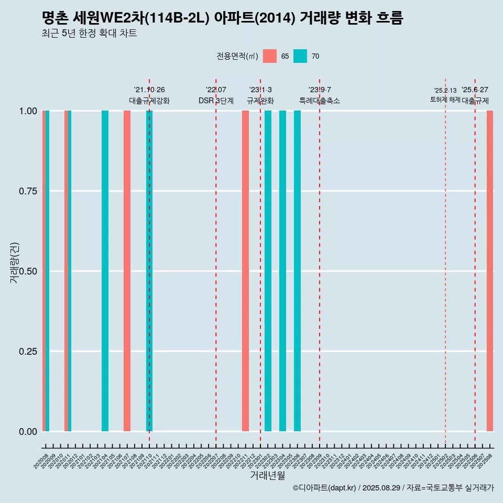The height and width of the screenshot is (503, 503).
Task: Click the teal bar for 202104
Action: coord(105,271)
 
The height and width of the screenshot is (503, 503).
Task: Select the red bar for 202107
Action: coord(127,271)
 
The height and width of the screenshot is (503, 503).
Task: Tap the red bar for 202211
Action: coord(245,271)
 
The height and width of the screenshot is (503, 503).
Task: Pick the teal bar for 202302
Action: coord(268,271)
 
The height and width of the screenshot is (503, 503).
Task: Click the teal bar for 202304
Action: coord(282,271)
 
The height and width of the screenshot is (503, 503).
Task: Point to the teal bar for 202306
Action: coord(297,271)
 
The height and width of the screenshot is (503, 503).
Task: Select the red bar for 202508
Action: coord(490,271)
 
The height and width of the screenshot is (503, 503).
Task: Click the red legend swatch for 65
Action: coord(270,56)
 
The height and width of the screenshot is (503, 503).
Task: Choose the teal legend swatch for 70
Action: coord(300,56)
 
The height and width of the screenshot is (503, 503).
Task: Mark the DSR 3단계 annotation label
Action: coord(216,101)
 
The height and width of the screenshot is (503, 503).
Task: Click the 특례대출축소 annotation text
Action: coord(320,101)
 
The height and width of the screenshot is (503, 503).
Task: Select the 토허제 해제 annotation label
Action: coord(445,99)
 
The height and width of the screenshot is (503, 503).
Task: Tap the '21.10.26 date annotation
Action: coord(149,90)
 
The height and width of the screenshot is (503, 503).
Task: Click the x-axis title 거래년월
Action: coord(267,475)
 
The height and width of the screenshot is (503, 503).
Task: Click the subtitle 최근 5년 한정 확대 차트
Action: coord(89,34)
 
